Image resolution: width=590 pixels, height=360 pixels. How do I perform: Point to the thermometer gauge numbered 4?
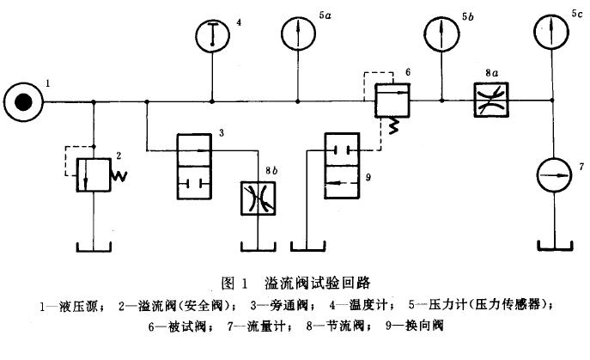[x=213, y=35]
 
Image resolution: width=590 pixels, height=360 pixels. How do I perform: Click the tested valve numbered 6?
[x=392, y=103]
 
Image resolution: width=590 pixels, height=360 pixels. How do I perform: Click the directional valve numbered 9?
[x=346, y=169]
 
